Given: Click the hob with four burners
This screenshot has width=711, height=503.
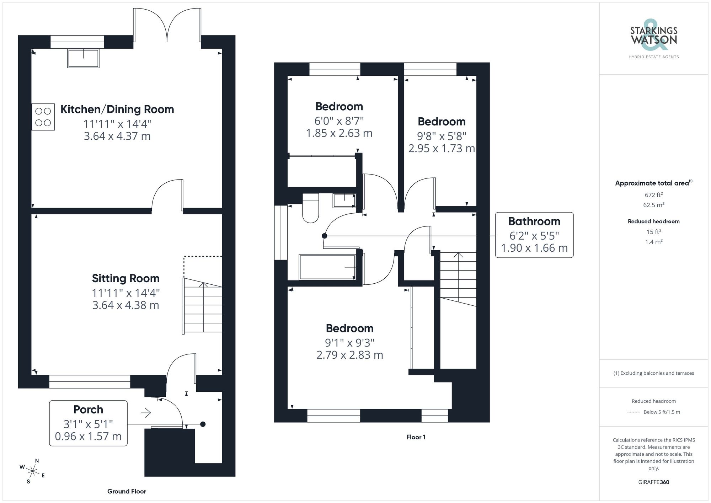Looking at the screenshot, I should [43, 117].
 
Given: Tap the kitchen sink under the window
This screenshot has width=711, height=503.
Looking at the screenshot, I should [83, 58].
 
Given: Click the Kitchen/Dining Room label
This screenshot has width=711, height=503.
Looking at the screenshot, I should [117, 109].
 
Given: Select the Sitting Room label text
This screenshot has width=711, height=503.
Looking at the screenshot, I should [125, 278].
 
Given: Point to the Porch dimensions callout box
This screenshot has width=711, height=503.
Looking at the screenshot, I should [88, 423].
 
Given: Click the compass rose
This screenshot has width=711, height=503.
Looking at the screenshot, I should [32, 471].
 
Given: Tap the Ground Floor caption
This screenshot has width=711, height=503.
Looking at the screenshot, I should [127, 491].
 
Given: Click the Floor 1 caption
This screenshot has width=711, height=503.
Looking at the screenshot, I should [416, 437].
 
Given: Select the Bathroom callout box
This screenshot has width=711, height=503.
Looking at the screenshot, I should [534, 235].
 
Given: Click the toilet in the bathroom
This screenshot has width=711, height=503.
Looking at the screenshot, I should [310, 209].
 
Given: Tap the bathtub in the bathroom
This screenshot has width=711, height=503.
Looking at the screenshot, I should [327, 267].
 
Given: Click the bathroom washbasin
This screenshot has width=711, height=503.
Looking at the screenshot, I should [344, 200].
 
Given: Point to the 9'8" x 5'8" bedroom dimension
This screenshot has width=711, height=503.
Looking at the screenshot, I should [442, 136].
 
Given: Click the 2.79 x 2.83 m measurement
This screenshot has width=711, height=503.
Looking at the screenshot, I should [349, 355].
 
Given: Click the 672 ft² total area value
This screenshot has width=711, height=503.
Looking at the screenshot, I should [653, 195].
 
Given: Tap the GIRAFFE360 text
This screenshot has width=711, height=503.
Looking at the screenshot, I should [653, 482].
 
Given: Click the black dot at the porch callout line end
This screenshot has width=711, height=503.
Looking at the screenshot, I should [203, 424].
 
